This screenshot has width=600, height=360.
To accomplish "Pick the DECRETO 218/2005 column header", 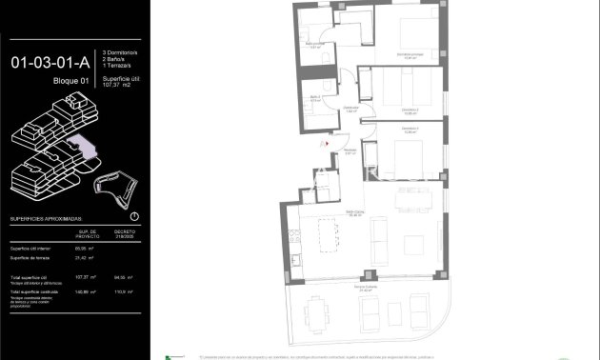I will (125, 233).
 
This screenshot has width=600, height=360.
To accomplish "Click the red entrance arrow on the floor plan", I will (327, 143).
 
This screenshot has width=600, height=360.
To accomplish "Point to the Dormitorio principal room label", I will (410, 55).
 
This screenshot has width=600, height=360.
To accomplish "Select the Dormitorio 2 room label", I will (410, 110).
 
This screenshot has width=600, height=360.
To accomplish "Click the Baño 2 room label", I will (315, 98).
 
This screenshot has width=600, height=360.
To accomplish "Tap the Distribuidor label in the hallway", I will (350, 109).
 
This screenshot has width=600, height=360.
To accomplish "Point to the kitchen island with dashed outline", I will (328, 234).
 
